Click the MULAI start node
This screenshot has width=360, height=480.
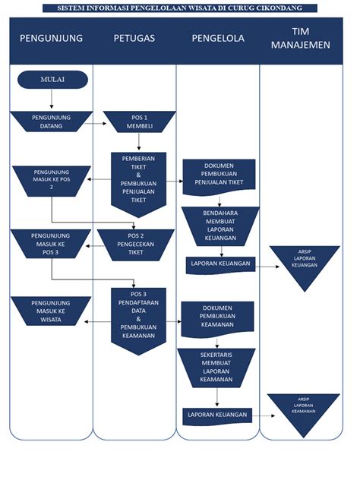pyautogui.click(x=52, y=78)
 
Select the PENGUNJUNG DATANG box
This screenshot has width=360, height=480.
pyautogui.click(x=52, y=122)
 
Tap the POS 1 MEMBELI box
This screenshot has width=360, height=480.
pyautogui.click(x=134, y=122)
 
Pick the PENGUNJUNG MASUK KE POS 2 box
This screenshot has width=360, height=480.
pyautogui.click(x=51, y=182)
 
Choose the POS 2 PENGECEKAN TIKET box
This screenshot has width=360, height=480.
pyautogui.click(x=135, y=243)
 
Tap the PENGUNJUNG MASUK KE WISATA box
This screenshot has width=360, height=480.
pyautogui.click(x=51, y=311)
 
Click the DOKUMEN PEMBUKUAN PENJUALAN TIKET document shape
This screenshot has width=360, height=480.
pyautogui.click(x=219, y=175)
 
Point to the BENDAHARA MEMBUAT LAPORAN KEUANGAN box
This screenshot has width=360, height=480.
pyautogui.click(x=219, y=226)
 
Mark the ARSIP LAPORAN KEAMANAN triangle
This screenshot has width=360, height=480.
pyautogui.click(x=304, y=410)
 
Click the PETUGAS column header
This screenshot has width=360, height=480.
pyautogui.click(x=134, y=38)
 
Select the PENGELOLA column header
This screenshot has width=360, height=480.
pyautogui.click(x=218, y=38)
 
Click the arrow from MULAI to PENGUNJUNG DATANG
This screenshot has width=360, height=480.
pyautogui.click(x=52, y=99)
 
